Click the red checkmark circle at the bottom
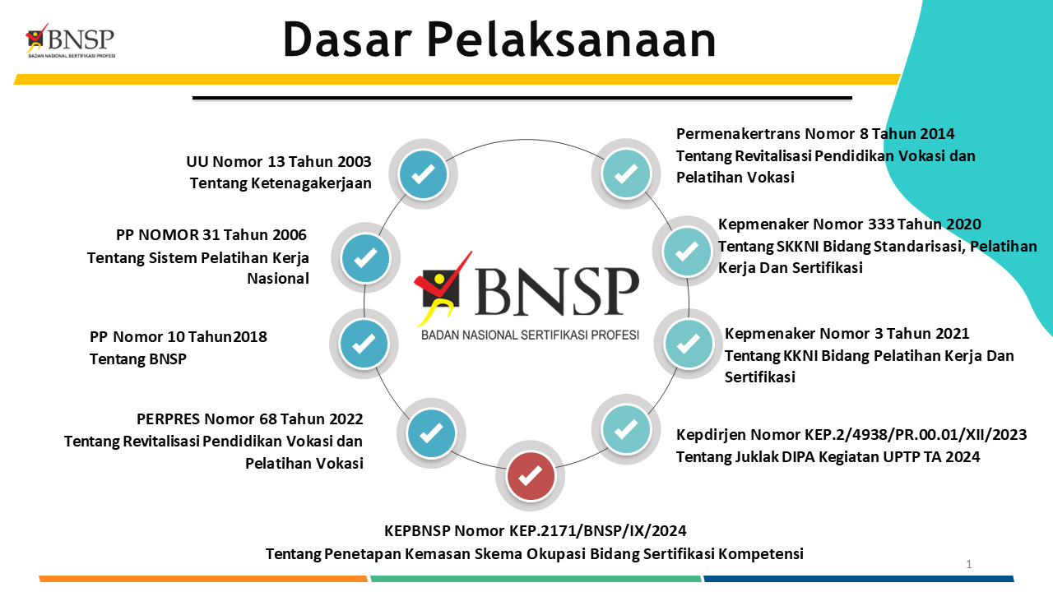[531, 476]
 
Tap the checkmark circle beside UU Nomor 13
[423, 173]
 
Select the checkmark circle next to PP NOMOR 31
[365, 257]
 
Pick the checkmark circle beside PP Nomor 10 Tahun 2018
[364, 344]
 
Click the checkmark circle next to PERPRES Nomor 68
[431, 433]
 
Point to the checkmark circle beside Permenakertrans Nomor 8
[626, 173]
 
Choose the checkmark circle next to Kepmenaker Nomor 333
[687, 251]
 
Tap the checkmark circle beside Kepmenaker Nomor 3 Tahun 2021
[689, 344]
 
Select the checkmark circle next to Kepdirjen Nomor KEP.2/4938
[626, 429]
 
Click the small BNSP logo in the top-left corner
[71, 40]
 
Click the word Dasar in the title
[347, 39]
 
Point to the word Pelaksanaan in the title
[571, 39]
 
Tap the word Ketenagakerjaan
[311, 183]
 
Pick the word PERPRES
[169, 419]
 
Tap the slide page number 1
[969, 564]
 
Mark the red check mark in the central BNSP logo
[443, 275]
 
